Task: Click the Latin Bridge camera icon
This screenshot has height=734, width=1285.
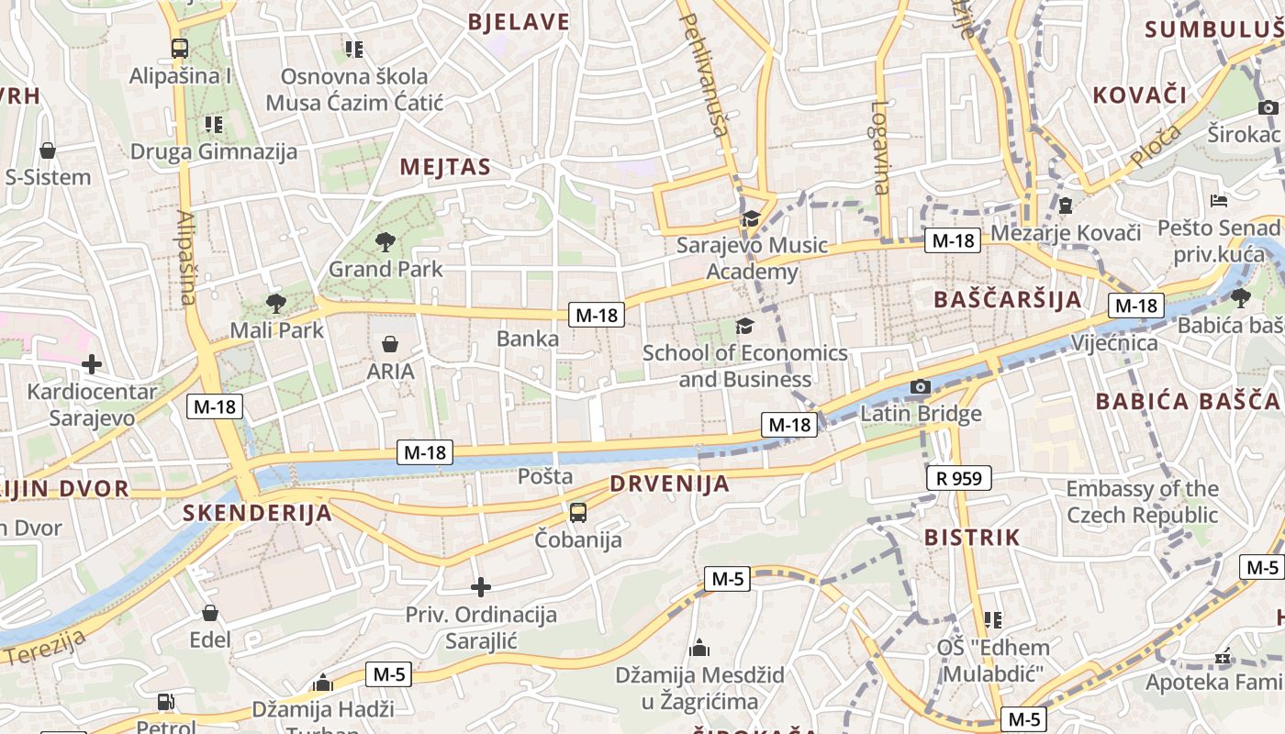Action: click(x=920, y=387)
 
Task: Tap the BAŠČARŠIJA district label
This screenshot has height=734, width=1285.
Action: click(x=1007, y=300)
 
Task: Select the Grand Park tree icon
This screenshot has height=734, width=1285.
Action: click(x=385, y=242)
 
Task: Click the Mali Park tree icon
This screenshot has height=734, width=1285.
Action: click(x=275, y=303)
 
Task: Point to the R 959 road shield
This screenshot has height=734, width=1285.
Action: click(x=959, y=478)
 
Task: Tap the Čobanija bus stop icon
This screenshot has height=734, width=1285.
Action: click(x=578, y=513)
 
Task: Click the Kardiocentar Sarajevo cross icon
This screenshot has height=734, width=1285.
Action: click(x=91, y=364)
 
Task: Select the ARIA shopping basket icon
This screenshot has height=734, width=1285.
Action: click(x=390, y=345)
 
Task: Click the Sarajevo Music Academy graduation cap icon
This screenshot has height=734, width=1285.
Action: click(x=751, y=218)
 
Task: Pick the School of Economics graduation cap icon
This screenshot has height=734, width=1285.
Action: click(x=744, y=326)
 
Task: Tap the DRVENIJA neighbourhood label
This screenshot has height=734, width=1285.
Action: click(x=669, y=484)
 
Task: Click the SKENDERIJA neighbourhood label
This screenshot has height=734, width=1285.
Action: click(x=257, y=512)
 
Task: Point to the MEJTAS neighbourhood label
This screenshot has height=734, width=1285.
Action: click(x=445, y=167)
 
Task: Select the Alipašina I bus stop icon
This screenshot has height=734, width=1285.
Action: click(x=179, y=49)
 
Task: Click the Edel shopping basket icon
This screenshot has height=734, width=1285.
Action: click(x=210, y=613)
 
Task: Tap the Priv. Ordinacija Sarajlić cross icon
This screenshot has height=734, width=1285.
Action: click(x=480, y=587)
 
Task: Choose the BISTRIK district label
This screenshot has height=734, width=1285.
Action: click(x=971, y=538)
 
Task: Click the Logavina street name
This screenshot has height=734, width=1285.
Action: click(x=880, y=147)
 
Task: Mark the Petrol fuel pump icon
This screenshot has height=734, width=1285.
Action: click(x=166, y=703)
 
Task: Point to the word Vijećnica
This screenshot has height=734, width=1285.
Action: click(x=1114, y=343)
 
